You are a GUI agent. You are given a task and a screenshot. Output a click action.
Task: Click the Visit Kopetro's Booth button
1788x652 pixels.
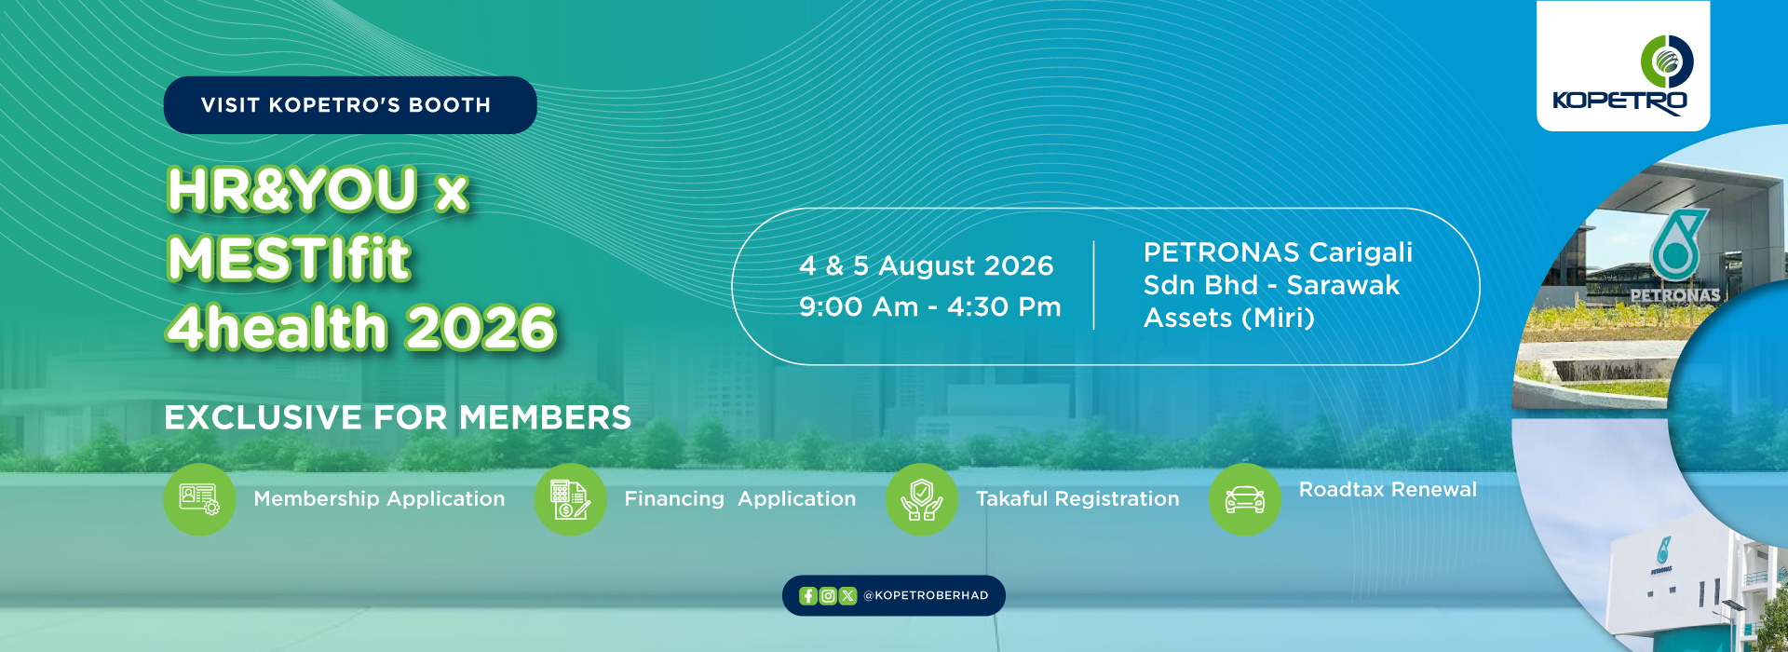point(350,105)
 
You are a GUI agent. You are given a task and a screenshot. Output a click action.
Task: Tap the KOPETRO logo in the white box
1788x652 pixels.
point(1622,75)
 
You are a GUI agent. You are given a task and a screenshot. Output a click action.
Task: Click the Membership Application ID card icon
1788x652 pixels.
point(199,499)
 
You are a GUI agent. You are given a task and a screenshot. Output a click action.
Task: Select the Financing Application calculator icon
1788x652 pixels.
point(570,499)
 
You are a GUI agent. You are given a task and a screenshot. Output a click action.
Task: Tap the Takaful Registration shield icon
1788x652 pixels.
point(922,499)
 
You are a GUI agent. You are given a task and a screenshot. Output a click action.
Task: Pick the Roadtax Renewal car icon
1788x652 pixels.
point(1245,499)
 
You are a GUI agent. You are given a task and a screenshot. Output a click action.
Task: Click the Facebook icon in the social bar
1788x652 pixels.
point(808,596)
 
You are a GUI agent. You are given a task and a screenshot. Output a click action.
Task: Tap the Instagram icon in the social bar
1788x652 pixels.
point(828,596)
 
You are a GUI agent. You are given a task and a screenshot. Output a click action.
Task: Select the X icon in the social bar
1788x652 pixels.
point(847,596)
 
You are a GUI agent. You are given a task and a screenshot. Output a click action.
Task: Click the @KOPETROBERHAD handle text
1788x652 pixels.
point(926,596)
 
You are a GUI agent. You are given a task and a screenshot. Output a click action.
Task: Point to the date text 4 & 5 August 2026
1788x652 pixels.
point(927,266)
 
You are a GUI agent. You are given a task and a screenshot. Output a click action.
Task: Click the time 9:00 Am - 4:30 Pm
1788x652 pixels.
point(930,307)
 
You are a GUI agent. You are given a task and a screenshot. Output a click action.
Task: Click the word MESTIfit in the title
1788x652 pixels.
point(290,258)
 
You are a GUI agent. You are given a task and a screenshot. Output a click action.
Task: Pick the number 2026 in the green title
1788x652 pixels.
point(481,328)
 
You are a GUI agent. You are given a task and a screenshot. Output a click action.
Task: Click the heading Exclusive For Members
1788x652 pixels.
point(398,418)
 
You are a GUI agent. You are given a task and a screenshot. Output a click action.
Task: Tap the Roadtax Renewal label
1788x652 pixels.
point(1388,490)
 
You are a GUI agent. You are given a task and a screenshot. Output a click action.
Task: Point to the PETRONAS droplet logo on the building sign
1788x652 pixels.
point(1678,244)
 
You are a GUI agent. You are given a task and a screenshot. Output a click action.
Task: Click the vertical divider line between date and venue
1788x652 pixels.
point(1094,285)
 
